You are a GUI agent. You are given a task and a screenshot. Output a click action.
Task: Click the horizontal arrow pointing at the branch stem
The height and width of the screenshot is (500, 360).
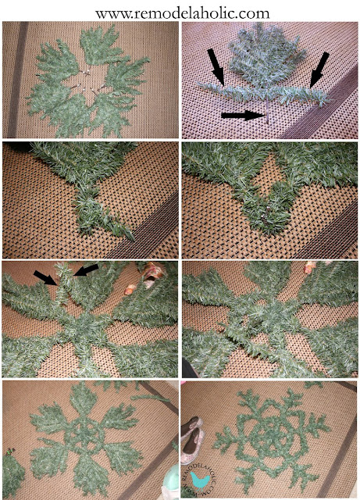coord(243,115)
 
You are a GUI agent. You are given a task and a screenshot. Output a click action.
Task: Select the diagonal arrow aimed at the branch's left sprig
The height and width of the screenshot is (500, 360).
coord(216,67)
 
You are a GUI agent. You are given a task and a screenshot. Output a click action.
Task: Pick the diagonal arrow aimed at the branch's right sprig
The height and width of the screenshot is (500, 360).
coord(319,70)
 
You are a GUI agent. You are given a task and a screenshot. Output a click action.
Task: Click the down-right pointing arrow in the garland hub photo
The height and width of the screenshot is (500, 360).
coord(45,278)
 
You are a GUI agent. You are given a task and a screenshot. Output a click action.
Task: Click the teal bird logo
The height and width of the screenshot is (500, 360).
coord(200,480)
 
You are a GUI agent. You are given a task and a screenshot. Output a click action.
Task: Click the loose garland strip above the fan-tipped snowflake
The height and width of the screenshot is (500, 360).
coord(149,397)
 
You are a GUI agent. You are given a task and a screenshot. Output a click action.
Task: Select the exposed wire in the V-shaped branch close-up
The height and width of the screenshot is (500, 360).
coord(266,213)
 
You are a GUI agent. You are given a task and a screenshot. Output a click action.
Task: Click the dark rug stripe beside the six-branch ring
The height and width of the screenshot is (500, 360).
coord(17,80)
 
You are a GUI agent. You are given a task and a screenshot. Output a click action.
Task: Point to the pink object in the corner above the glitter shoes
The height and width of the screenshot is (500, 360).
coord(185,382)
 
